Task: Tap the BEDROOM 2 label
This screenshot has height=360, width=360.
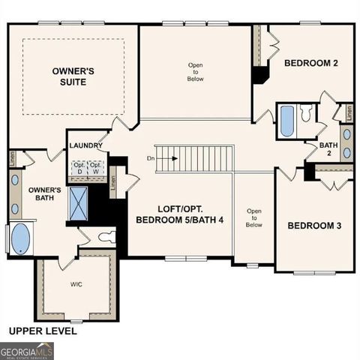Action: [310, 64]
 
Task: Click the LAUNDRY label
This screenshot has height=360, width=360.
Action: [85, 145]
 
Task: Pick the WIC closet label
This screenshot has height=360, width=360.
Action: [76, 284]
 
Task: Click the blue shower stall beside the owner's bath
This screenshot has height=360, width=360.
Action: [78, 202]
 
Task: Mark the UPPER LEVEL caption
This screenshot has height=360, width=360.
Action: [42, 330]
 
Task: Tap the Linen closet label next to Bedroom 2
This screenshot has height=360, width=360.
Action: [348, 112]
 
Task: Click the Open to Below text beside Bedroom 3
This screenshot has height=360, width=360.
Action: [254, 217]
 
